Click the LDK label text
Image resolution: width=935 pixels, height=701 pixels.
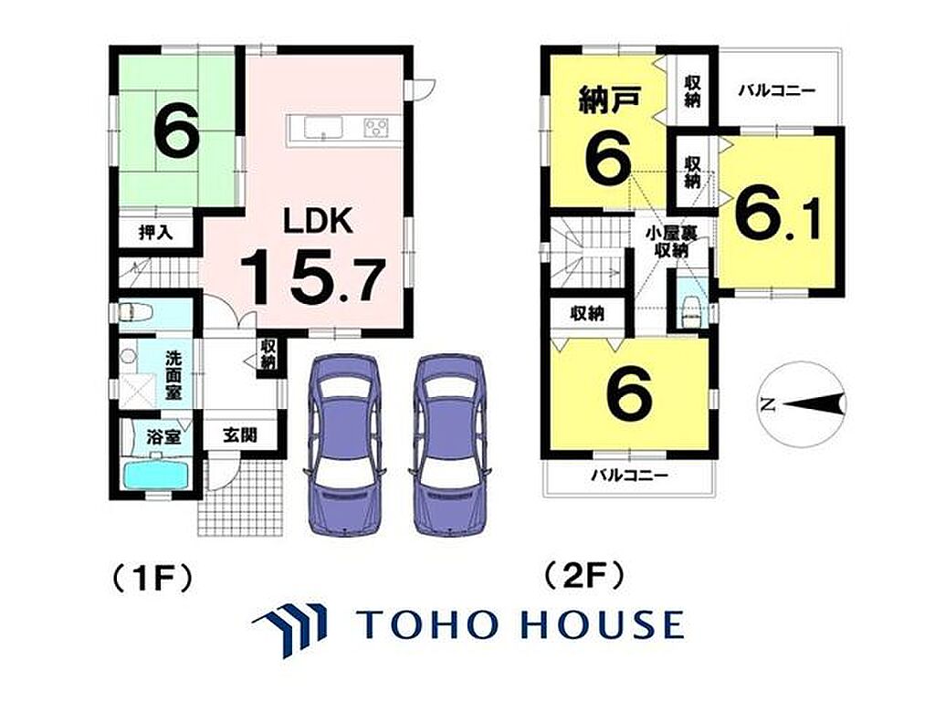coord(317,221)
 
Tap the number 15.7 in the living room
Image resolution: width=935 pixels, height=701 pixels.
coord(311,277)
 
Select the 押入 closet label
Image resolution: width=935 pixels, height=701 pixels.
coord(155,232)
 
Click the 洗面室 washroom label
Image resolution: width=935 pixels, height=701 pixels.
coord(174,375)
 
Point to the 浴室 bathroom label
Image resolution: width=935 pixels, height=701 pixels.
coord(163,437)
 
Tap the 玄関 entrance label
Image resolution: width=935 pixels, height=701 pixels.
coord(240,434)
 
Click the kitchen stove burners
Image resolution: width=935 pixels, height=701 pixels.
coord(375,128)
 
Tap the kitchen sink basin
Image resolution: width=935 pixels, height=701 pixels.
coord(323,128)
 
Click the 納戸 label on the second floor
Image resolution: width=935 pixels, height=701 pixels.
coord(609,99)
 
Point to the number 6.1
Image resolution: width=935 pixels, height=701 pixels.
coord(778,214)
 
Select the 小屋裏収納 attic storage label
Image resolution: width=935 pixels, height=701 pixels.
coord(671,241)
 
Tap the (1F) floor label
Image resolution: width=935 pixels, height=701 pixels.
coord(152,577)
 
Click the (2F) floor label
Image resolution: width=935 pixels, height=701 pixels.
coord(585,577)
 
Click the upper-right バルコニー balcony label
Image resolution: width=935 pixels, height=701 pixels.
coord(776,91)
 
